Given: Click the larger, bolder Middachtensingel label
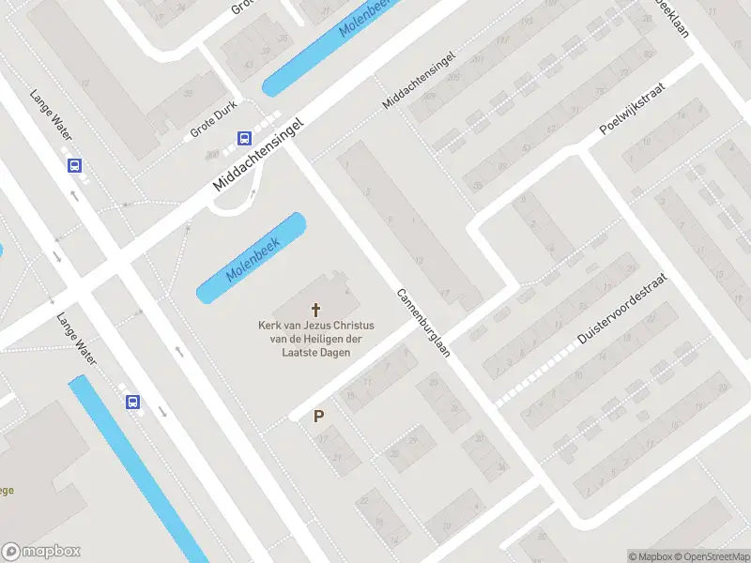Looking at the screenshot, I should pos(260,155).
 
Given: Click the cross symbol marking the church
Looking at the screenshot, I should pos(316,309).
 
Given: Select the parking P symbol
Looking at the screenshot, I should pos(319,416).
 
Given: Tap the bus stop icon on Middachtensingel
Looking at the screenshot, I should pos(244,139).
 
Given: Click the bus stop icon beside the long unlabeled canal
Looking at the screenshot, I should pos(132,402).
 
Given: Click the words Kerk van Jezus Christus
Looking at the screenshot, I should pos(309,327).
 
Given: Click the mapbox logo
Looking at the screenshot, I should pos(41,552).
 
